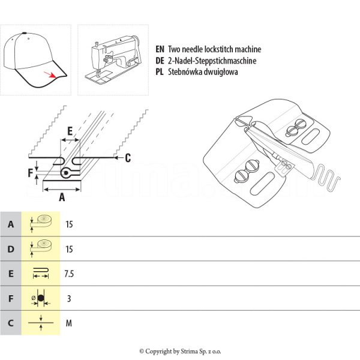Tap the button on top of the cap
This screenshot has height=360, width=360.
[x=23, y=32]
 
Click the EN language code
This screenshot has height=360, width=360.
[x=160, y=50]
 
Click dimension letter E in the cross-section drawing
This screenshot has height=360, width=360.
[x=70, y=130]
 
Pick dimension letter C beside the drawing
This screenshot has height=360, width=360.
[x=127, y=158]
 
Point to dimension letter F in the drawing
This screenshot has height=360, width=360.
[x=31, y=174]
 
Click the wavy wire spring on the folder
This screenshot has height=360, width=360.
[x=326, y=174]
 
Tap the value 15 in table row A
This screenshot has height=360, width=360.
[x=69, y=224]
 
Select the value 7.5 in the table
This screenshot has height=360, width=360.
[x=69, y=274]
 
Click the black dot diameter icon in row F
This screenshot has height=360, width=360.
[x=40, y=298]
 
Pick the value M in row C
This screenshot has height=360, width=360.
[x=69, y=323]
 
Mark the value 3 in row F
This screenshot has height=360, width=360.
[x=68, y=298]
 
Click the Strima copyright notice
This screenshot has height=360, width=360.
[x=179, y=351]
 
